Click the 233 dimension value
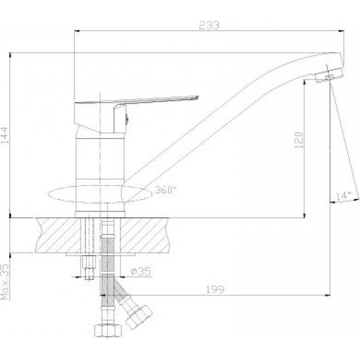click(x=209, y=25)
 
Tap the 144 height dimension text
click(x=5, y=135)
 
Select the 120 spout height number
click(x=298, y=140)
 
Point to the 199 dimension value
click(x=215, y=289)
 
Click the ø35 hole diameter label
click(x=141, y=271)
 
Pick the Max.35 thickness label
click(x=5, y=281)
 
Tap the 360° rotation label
click(x=166, y=190)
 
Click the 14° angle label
click(x=344, y=196)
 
